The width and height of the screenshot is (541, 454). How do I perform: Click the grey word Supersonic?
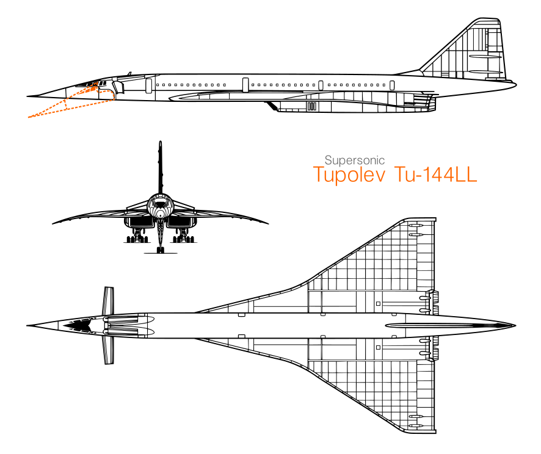[354, 160]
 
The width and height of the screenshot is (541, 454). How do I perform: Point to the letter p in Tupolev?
[343, 176]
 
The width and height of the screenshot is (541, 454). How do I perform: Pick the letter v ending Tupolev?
[380, 176]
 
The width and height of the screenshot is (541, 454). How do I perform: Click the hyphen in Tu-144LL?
[419, 176]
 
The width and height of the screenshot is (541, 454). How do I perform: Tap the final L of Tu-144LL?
[471, 175]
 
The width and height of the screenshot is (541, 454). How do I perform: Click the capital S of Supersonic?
[328, 160]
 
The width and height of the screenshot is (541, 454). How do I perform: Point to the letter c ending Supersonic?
[382, 161]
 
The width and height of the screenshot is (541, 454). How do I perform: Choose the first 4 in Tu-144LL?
[438, 175]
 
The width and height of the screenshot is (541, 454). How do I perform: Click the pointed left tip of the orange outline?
[29, 117]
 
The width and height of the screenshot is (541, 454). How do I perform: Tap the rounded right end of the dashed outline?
[113, 95]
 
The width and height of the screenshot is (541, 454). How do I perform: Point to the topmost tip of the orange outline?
[97, 82]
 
